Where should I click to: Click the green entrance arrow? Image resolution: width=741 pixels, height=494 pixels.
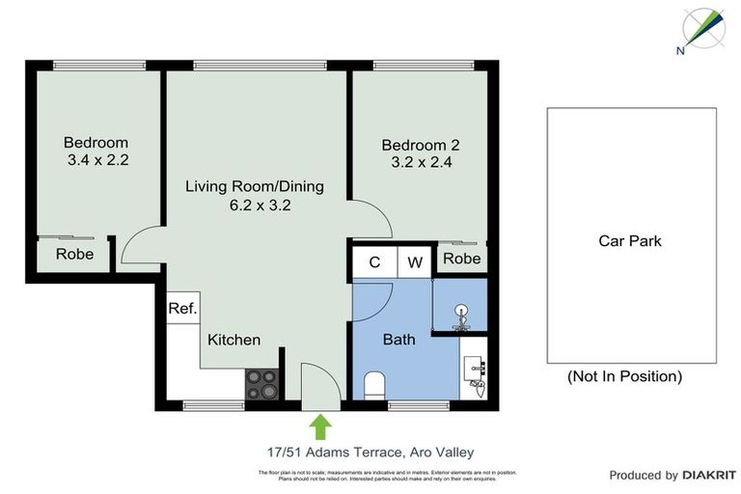point(320,425)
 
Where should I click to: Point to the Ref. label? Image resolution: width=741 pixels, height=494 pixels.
point(181,309)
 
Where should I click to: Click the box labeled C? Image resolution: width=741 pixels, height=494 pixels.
point(373,261)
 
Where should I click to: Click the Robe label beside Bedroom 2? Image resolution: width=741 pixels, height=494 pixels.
point(461,259)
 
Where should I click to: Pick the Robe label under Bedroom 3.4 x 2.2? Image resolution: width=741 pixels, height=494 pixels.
point(74,255)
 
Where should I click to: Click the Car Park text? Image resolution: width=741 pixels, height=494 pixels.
point(630,240)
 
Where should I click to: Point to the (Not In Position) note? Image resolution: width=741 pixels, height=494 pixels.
point(624,376)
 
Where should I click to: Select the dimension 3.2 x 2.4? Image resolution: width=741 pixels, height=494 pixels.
point(421,162)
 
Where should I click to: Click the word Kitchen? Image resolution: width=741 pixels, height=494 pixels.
point(234,340)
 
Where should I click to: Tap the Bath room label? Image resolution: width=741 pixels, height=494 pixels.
point(398,340)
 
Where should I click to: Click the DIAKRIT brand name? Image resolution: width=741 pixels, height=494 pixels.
point(709,475)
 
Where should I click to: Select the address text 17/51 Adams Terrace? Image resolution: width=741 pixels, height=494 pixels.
point(327,451)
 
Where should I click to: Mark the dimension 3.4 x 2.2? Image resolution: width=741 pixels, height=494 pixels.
point(98,159)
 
